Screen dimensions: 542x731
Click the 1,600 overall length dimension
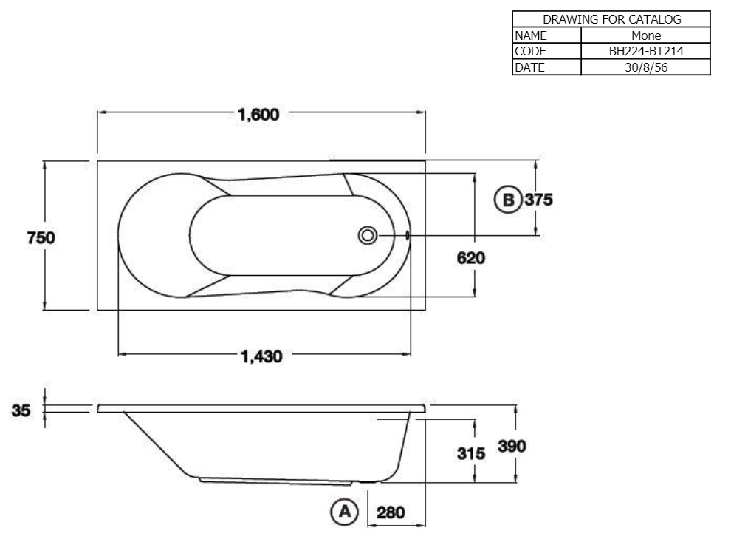(x=258, y=115)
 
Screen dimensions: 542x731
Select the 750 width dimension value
(x=41, y=237)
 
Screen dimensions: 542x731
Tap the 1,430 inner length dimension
(x=262, y=356)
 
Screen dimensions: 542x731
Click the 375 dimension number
(x=539, y=200)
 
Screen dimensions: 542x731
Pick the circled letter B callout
(x=507, y=200)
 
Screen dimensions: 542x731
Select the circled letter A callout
(x=343, y=512)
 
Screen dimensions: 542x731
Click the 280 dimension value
(x=391, y=512)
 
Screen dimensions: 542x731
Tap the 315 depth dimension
(x=471, y=453)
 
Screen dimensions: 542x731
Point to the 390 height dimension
(x=512, y=447)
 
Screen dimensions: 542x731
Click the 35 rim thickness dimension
(x=21, y=410)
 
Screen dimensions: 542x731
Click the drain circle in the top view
(x=367, y=236)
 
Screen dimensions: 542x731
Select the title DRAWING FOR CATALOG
(x=611, y=19)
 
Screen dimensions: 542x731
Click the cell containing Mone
(x=646, y=35)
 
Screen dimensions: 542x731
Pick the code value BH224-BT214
(x=646, y=52)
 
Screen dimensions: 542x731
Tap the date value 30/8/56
(x=646, y=67)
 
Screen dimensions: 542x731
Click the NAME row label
(x=531, y=35)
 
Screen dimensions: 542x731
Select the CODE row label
(x=531, y=52)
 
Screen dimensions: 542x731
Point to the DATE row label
(x=530, y=67)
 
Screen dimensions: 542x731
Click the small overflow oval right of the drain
(x=407, y=236)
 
